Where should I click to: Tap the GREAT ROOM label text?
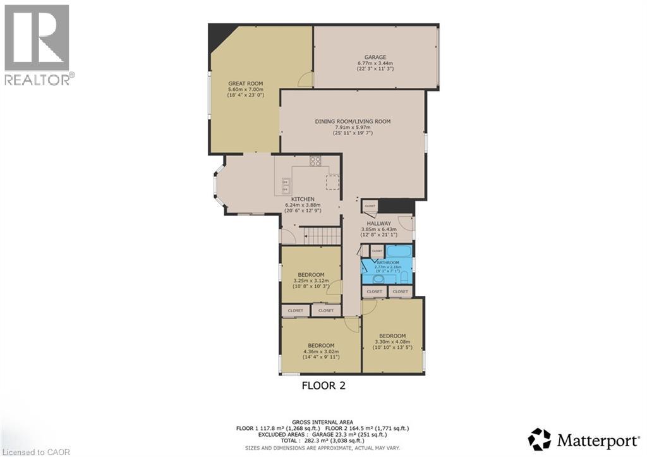coord(245,83)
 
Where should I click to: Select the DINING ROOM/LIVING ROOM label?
coord(353,121)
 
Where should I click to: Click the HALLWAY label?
coord(376,223)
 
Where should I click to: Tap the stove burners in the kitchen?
coord(315,161)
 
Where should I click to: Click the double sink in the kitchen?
coord(285,185)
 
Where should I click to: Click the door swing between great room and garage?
coord(306,78)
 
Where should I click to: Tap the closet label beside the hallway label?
coord(370,206)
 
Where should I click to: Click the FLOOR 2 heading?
coord(323,385)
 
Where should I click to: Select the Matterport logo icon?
coord(539,439)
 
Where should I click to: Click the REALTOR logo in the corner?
coord(37,44)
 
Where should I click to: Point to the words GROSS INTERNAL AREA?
coord(323,422)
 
